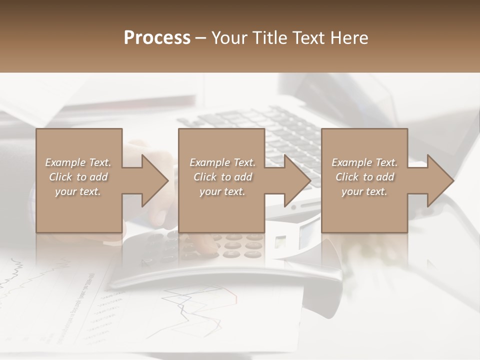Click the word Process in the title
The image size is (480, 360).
point(157,38)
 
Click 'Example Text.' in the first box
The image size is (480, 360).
point(78,162)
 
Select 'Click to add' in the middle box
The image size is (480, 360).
point(222,177)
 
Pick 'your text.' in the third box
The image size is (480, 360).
point(364,191)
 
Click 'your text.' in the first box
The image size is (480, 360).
point(78,191)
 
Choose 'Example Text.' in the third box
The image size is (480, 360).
point(364,162)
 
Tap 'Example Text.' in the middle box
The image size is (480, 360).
point(222,162)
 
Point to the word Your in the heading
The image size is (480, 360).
point(228,38)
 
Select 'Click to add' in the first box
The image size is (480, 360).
point(78,177)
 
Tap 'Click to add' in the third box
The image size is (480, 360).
point(364,177)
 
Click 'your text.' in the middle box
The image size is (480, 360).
point(222,191)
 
